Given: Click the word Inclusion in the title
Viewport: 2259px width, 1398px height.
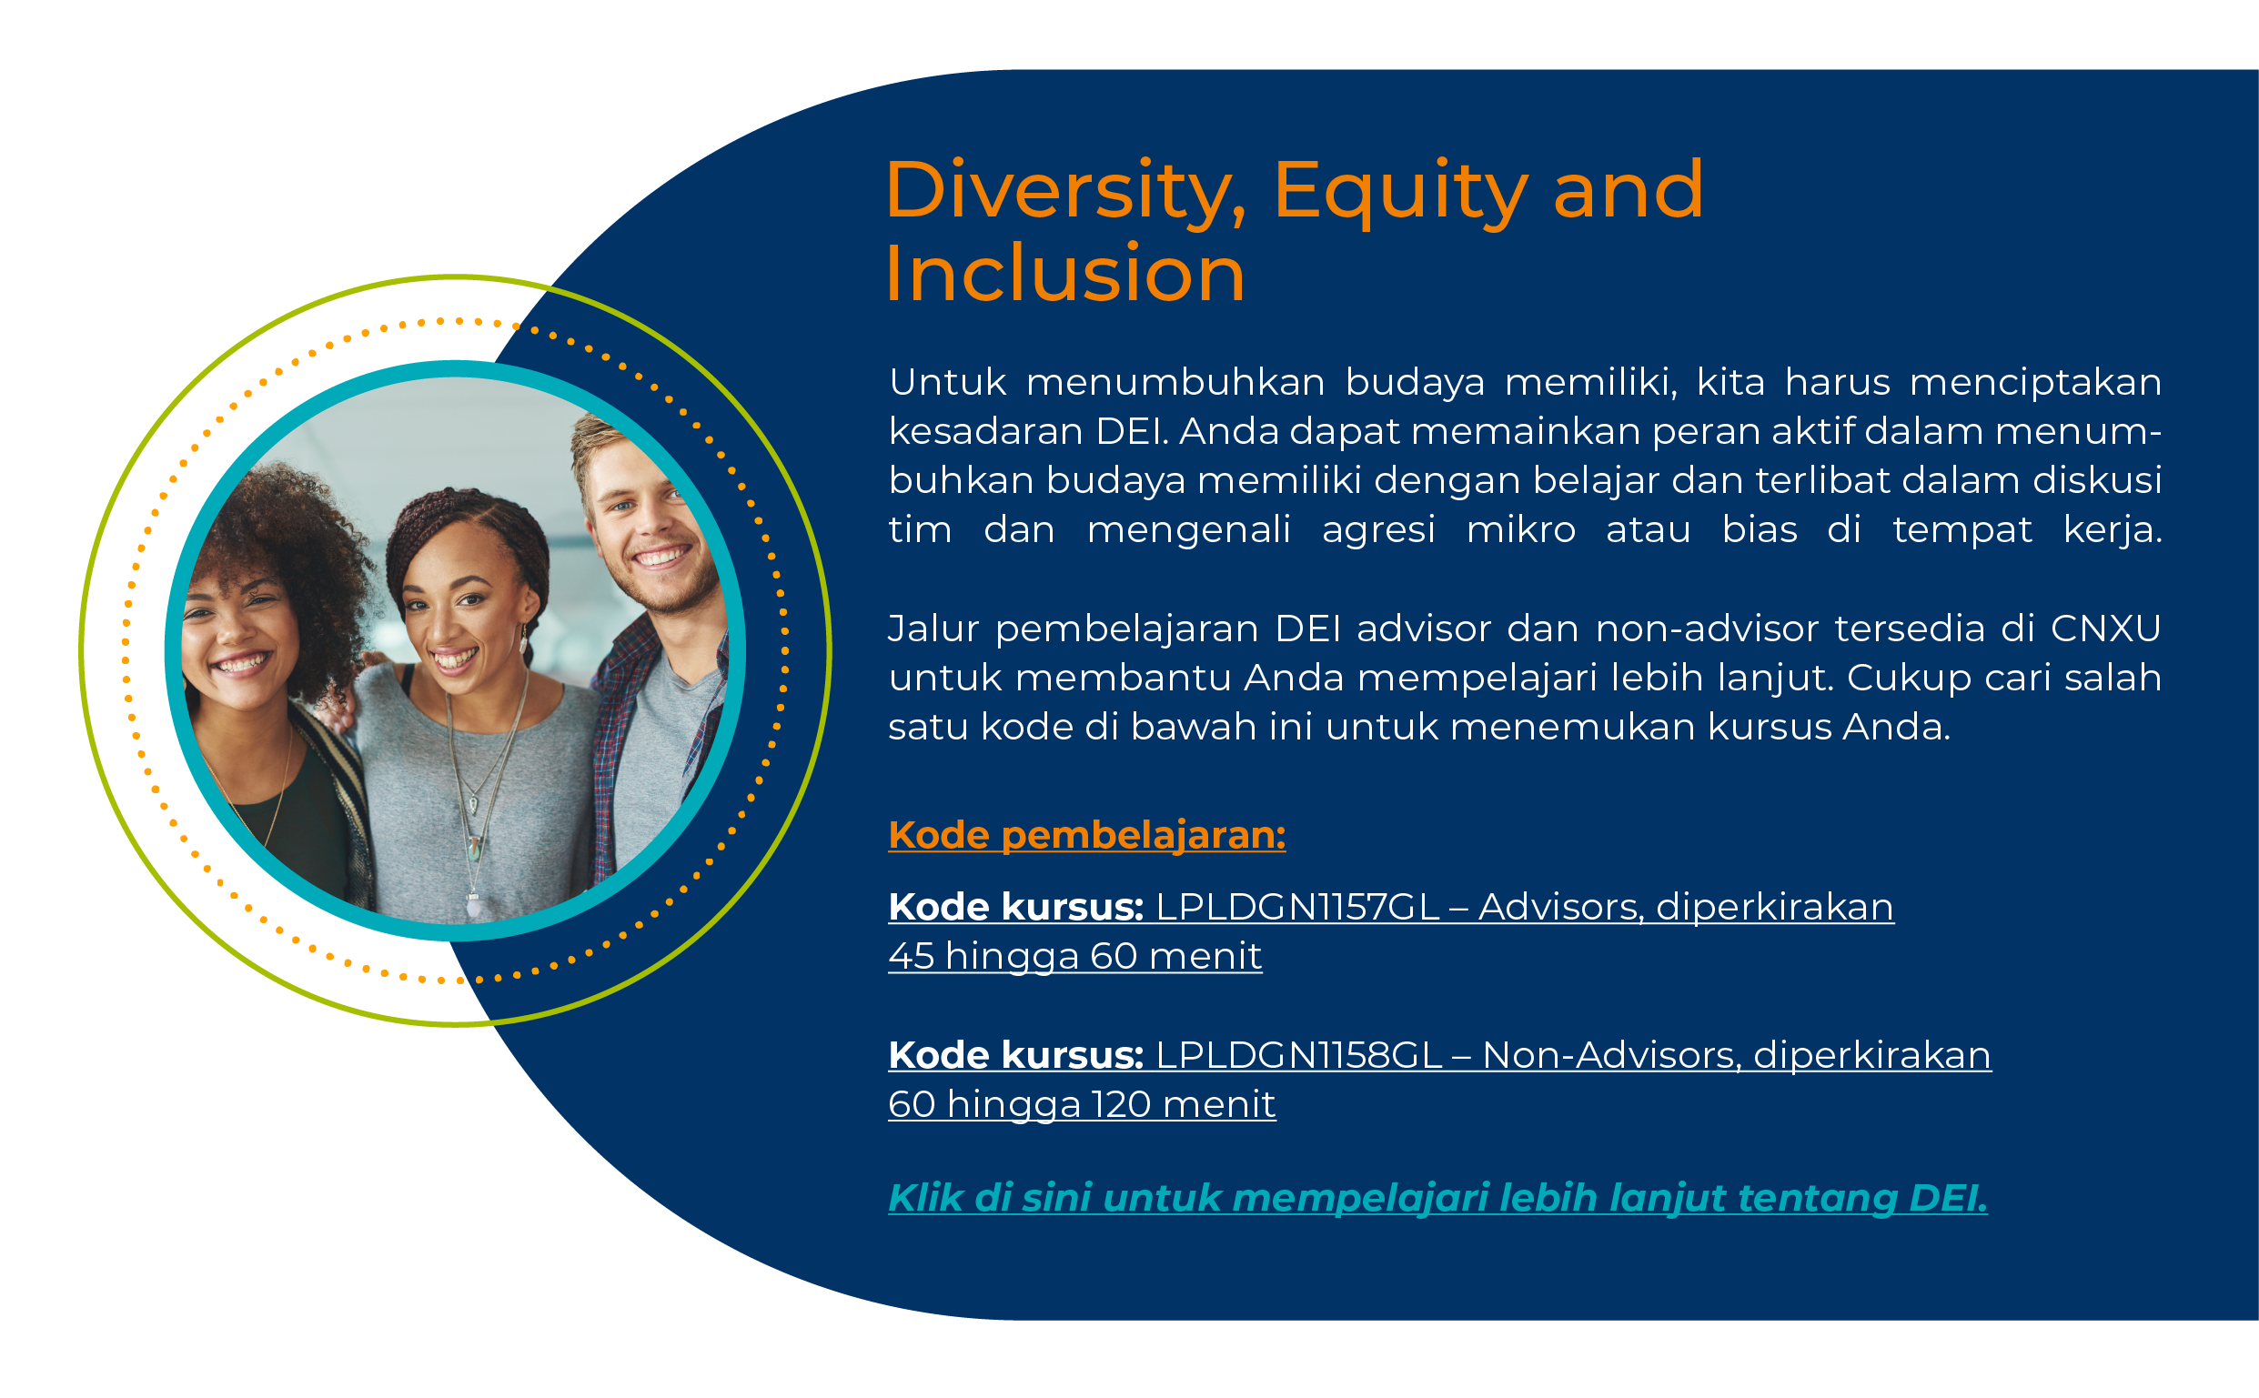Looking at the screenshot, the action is click(x=1065, y=274).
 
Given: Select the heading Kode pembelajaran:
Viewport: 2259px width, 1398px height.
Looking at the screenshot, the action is click(x=1086, y=835).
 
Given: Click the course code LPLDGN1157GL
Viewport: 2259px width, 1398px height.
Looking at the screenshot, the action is click(x=1297, y=907).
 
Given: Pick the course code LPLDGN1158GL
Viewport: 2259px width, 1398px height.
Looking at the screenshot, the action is click(x=1299, y=1055).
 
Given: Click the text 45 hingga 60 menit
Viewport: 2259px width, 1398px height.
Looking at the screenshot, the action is click(x=1074, y=956).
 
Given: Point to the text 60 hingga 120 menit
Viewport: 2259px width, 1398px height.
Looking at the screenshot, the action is click(x=1082, y=1104).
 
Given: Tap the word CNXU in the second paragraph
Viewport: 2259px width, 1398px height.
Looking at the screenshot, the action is click(x=2105, y=629).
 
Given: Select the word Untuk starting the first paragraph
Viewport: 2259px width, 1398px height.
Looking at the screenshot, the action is click(x=947, y=382).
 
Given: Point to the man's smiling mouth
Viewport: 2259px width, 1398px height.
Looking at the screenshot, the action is click(x=662, y=557).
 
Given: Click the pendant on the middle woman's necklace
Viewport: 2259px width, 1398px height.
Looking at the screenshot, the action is click(x=473, y=904).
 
